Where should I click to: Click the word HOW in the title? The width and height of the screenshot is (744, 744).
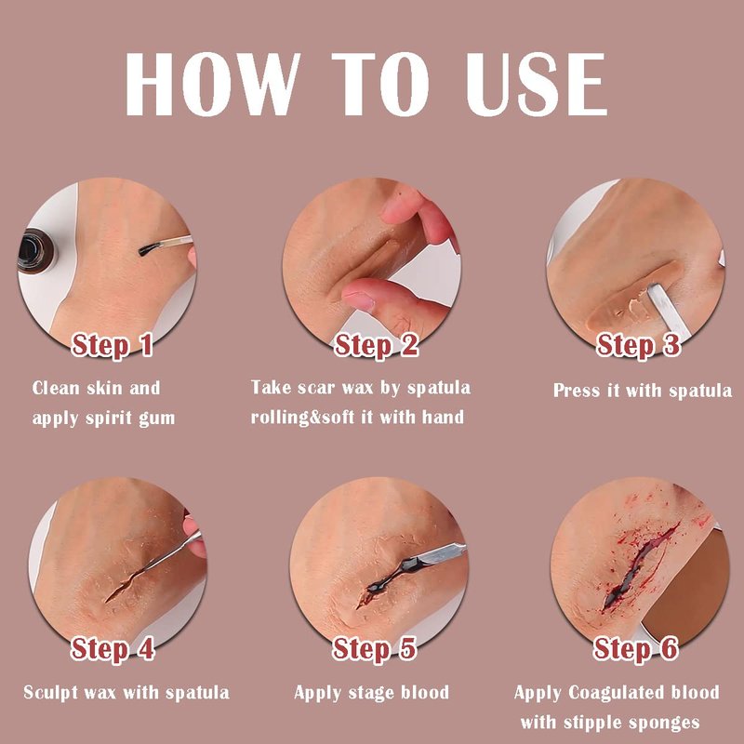coord(213,84)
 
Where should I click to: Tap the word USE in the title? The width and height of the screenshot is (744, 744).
coord(537,84)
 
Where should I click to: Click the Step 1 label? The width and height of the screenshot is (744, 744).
coord(112,345)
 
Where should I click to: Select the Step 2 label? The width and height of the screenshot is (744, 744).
coord(377,345)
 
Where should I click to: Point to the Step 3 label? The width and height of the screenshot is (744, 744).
coord(639,345)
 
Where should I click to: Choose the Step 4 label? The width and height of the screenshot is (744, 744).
coord(113,648)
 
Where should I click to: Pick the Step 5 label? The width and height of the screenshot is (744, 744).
coord(375,648)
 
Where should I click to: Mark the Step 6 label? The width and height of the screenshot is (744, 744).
coord(636,648)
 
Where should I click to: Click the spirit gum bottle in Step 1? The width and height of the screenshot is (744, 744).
coord(35,251)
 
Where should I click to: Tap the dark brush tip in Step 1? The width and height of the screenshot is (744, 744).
coord(149,248)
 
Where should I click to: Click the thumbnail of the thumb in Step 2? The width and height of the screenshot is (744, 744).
coord(358,299)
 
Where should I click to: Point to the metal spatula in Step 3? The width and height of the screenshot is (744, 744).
coord(666,309)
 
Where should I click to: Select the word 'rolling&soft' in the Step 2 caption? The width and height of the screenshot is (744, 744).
coord(303,418)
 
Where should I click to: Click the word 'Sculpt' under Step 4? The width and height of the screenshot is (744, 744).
coord(51,693)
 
